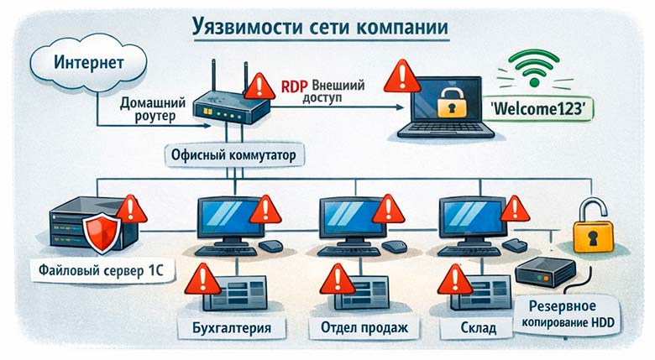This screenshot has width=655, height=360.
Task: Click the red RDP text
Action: click(294, 87)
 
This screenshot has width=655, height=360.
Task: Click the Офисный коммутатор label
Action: click(234, 156)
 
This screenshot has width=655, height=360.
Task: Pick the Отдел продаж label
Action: click(358, 326)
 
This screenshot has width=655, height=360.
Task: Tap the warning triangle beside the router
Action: click(260, 85)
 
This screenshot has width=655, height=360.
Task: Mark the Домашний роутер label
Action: click(149, 110)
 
